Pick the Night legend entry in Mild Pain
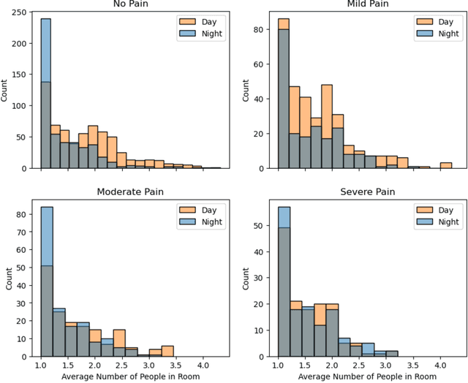pyautogui.click(x=438, y=33)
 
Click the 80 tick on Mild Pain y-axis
pyautogui.click(x=257, y=31)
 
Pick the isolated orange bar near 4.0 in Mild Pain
pyautogui.click(x=445, y=166)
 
